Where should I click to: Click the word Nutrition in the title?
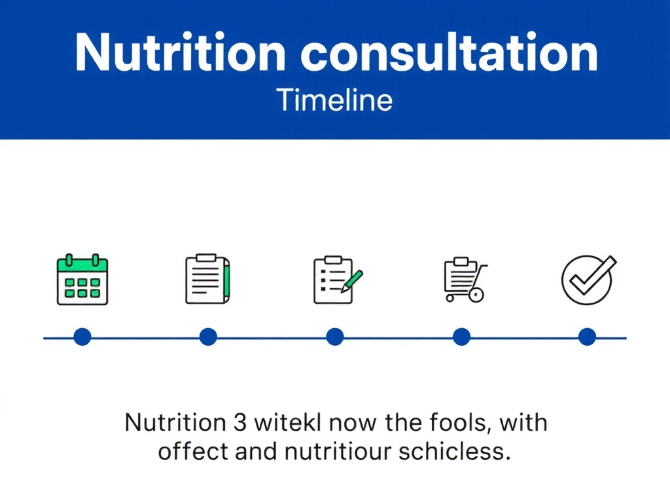coord(180,52)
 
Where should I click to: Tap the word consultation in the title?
coord(450,52)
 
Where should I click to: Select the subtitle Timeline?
coord(334,100)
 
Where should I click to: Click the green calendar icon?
coord(82,279)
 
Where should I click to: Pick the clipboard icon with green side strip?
coord(207,279)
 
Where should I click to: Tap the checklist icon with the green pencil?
coord(338,280)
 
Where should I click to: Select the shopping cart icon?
coord(465,280)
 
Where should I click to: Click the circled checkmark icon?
coord(588,280)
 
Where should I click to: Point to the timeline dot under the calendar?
coord(82,337)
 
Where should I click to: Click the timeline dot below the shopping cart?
coord(461,337)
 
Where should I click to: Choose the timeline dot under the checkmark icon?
coord(587,337)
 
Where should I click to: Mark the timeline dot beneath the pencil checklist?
coord(335,337)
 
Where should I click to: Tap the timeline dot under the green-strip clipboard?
coord(208,337)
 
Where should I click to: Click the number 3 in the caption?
coord(240,422)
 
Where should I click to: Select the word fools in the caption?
coord(458,422)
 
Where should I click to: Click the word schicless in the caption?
coord(455,452)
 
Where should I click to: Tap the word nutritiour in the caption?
coord(338,452)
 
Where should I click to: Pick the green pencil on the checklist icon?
coord(352,281)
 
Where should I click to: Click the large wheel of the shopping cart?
coord(476,295)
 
